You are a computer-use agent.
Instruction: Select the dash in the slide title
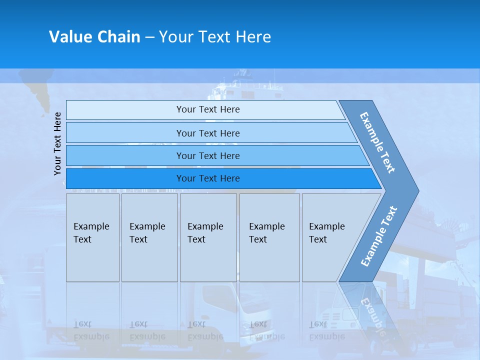pyautogui.click(x=149, y=37)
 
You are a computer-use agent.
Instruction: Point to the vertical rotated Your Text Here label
pyautogui.click(x=57, y=143)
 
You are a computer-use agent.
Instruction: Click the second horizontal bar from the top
pyautogui.click(x=207, y=133)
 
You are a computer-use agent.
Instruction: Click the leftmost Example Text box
pyautogui.click(x=92, y=237)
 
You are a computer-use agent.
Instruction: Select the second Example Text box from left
pyautogui.click(x=149, y=237)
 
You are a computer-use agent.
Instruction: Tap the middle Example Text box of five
pyautogui.click(x=208, y=237)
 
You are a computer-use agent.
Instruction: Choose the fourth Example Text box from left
pyautogui.click(x=269, y=237)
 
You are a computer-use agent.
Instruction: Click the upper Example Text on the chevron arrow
pyautogui.click(x=377, y=142)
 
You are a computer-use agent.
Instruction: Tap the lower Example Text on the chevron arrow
pyautogui.click(x=378, y=236)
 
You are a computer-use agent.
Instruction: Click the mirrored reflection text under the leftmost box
pyautogui.click(x=91, y=330)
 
